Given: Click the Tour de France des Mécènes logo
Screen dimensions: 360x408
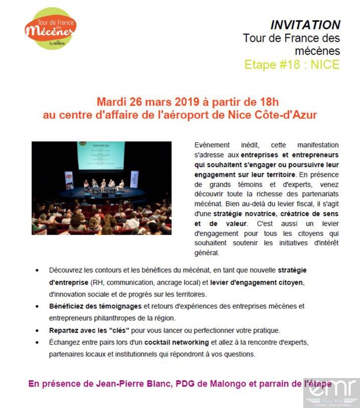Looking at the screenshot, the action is [x=50, y=28].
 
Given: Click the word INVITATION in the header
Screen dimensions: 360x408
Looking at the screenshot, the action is [x=305, y=25].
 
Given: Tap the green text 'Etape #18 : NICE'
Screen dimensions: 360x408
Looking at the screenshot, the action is [x=292, y=65].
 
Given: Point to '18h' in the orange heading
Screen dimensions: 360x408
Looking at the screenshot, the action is [x=269, y=100].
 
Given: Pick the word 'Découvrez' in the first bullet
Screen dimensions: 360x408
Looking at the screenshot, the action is [x=67, y=270].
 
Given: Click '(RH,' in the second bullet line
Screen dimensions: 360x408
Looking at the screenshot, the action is [x=96, y=282].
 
